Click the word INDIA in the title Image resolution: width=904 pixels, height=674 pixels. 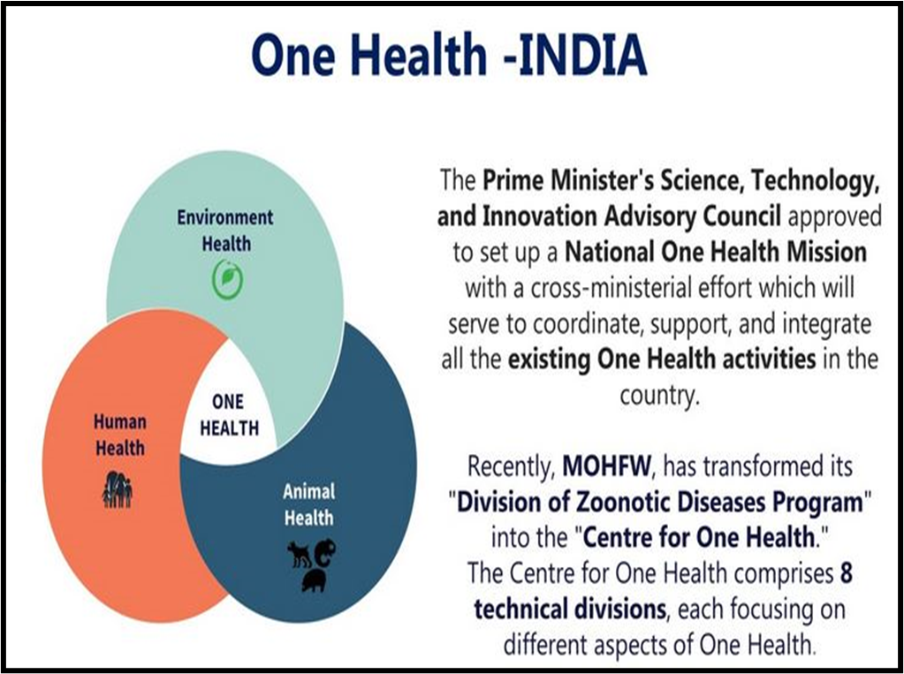click(x=582, y=56)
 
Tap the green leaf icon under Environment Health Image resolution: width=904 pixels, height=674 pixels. click(x=227, y=280)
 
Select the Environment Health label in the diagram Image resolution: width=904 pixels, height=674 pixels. click(x=225, y=230)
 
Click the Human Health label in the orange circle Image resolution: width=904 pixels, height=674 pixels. click(x=120, y=435)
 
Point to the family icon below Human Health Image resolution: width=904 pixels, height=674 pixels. click(x=118, y=490)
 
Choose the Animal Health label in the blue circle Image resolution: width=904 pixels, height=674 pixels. click(x=308, y=504)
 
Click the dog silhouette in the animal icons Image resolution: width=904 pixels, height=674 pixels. click(x=300, y=554)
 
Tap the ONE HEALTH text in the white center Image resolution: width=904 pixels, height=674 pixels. click(x=229, y=414)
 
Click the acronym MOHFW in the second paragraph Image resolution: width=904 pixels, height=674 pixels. click(x=606, y=466)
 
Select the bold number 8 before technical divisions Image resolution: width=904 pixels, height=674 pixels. click(x=846, y=573)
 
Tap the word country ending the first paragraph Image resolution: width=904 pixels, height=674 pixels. click(x=657, y=396)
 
